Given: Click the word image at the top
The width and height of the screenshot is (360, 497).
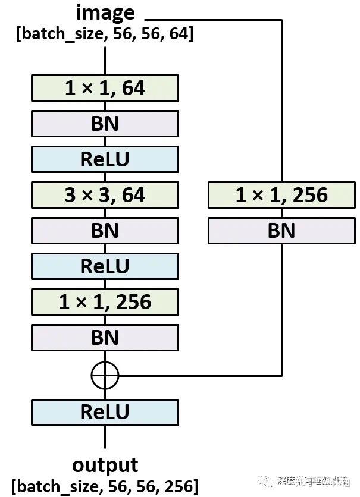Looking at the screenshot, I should pyautogui.click(x=105, y=12).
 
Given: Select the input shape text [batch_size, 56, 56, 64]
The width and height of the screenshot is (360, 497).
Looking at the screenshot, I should pyautogui.click(x=105, y=34).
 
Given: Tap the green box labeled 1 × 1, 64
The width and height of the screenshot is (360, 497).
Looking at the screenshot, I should pyautogui.click(x=105, y=88).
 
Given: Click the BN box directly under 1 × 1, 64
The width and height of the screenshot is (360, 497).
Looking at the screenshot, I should pyautogui.click(x=105, y=124).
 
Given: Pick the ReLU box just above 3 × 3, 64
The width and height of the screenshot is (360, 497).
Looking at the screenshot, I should pyautogui.click(x=105, y=159).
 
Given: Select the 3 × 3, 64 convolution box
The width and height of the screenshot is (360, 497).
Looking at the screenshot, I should pyautogui.click(x=105, y=195).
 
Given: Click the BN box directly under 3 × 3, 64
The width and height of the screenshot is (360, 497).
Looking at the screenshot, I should pyautogui.click(x=105, y=231).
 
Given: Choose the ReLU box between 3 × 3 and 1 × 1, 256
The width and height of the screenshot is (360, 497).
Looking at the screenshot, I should pyautogui.click(x=105, y=266).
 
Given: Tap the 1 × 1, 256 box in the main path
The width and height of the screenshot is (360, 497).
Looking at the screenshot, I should pyautogui.click(x=105, y=302).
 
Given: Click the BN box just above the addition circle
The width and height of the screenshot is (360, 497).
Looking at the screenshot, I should pyautogui.click(x=105, y=338).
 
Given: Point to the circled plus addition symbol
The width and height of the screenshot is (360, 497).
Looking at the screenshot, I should pyautogui.click(x=105, y=375).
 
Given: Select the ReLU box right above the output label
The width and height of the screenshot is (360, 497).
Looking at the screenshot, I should pyautogui.click(x=105, y=412).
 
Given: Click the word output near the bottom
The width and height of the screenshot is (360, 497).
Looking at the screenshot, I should pyautogui.click(x=105, y=464).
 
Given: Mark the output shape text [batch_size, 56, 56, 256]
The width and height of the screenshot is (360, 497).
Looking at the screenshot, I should pyautogui.click(x=105, y=486).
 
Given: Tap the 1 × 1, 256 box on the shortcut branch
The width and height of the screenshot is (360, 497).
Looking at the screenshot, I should pyautogui.click(x=281, y=195).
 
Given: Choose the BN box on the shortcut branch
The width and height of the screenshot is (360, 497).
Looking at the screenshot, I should pyautogui.click(x=281, y=231).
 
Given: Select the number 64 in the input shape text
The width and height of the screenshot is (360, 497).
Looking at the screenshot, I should pyautogui.click(x=177, y=34).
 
